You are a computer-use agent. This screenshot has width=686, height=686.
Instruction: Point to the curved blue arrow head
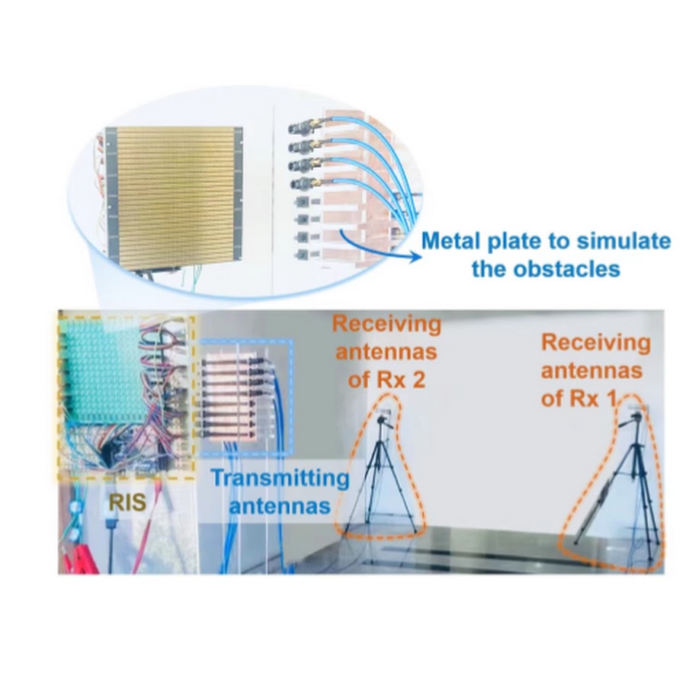coord(414,257)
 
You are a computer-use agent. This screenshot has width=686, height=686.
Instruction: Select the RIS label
coord(127,503)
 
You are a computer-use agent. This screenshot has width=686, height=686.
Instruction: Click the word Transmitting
coord(280,478)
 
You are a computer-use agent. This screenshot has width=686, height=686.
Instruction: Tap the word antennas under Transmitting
coord(280,506)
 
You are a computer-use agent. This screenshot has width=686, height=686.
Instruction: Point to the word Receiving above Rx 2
coord(386,325)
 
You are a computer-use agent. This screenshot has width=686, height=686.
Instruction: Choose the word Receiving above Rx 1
coord(596,344)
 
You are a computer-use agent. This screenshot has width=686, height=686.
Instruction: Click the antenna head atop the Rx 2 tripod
coord(383,419)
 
